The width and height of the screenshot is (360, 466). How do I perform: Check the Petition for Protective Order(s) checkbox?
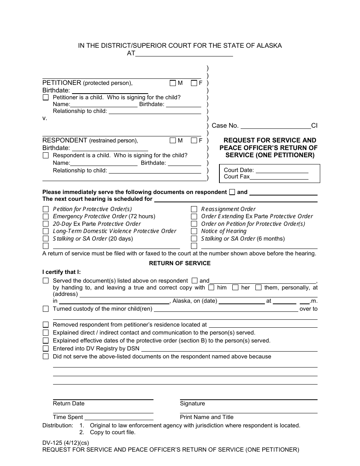coord(45,209)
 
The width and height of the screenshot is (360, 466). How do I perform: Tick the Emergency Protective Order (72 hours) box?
coord(45,216)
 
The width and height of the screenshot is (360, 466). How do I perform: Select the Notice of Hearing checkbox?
coord(194,231)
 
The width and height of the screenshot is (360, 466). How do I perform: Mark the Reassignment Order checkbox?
coord(194,209)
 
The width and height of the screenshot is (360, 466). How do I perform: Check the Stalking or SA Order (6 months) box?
coord(194,239)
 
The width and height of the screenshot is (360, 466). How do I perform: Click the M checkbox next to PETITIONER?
coord(173,83)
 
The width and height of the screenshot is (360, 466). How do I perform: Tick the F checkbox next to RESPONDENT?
coord(194,141)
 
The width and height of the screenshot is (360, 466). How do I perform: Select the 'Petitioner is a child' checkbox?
coord(45,97)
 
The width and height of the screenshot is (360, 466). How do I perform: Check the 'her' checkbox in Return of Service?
coord(235,288)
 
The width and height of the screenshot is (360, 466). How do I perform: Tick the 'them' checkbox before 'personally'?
coord(258,288)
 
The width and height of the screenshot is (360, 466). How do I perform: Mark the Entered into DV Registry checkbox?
coord(45,349)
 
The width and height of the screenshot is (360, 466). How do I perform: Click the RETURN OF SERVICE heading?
coord(180,263)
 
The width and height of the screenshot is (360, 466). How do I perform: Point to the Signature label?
coord(193,403)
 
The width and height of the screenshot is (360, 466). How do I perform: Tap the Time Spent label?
coord(68,417)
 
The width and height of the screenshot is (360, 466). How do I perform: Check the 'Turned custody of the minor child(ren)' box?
coord(45,309)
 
